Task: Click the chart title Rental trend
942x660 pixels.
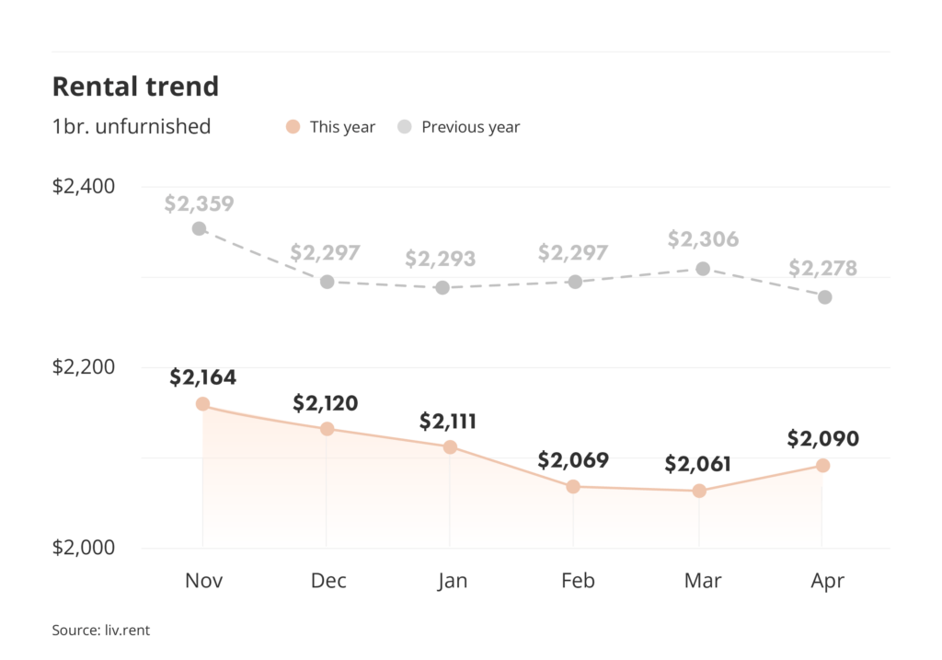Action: (135, 87)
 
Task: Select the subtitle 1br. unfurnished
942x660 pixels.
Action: (132, 127)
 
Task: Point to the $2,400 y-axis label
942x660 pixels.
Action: (84, 187)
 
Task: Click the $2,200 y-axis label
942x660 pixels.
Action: (84, 367)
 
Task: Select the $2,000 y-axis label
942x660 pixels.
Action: (84, 548)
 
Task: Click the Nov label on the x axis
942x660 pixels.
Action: (203, 581)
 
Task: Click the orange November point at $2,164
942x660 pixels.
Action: (202, 404)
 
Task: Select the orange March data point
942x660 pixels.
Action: (699, 491)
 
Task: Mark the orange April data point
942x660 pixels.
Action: (823, 466)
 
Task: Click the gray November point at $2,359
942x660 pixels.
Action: (199, 228)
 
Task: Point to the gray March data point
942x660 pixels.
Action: (703, 269)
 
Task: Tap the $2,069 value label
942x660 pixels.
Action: (573, 460)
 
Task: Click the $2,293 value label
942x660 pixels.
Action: (441, 260)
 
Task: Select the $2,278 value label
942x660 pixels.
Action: (822, 269)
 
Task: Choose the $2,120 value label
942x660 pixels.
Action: (326, 403)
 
